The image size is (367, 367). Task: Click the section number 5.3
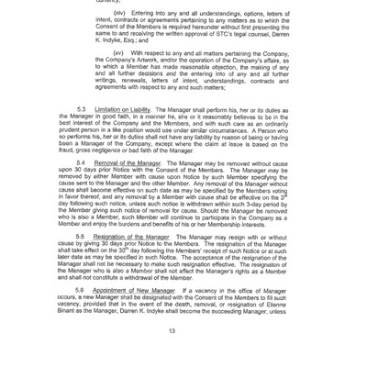pos(81,109)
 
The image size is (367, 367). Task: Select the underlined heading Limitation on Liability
pos(126,109)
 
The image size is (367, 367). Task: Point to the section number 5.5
pos(81,236)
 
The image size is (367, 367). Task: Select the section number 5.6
pos(81,289)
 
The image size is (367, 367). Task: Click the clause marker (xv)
pos(120,53)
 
